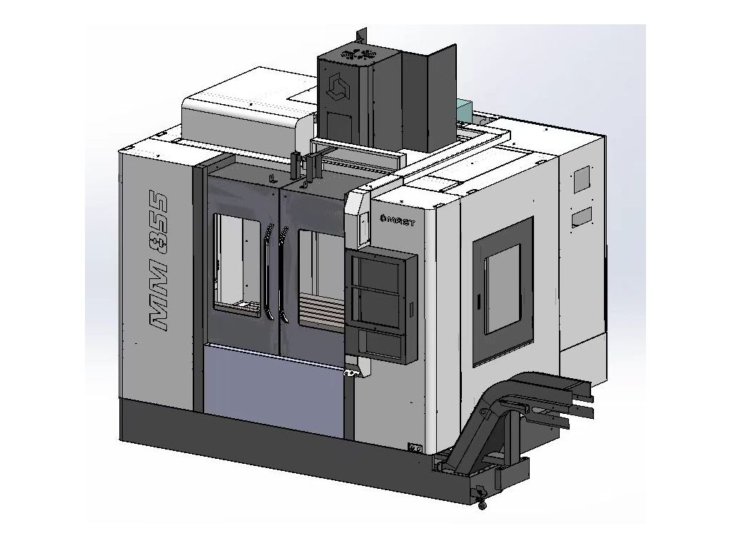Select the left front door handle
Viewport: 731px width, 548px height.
(268, 273)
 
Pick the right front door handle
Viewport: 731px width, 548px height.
(283, 274)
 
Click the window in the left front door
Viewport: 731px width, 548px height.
(237, 263)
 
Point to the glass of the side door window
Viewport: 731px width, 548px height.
(503, 290)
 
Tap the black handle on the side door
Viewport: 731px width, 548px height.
(478, 300)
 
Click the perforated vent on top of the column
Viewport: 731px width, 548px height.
(358, 54)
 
